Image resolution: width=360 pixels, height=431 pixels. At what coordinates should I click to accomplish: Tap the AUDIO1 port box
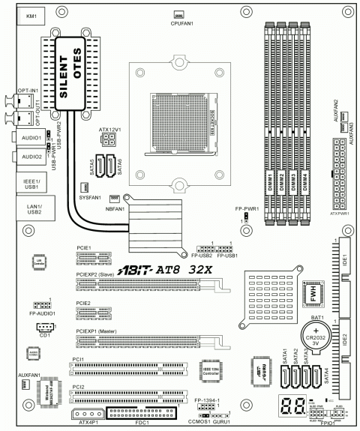click(x=31, y=139)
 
